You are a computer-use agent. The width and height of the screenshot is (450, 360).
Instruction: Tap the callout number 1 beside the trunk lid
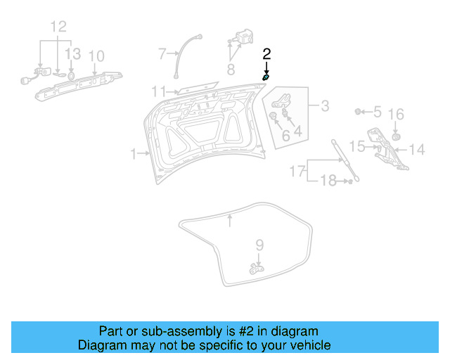click(x=134, y=153)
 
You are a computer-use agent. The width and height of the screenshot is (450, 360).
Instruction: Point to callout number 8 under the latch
click(x=231, y=69)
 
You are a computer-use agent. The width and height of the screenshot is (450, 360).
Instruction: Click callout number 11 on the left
click(x=159, y=91)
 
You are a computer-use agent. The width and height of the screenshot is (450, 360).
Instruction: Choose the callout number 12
click(x=58, y=27)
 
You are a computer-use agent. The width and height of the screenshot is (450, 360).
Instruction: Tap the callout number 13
click(x=73, y=54)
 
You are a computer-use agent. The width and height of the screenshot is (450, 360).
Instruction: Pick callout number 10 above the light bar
click(x=96, y=56)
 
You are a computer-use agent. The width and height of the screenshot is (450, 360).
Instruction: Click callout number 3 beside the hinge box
click(x=325, y=106)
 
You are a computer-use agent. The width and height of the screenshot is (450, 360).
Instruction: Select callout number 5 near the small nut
click(x=377, y=112)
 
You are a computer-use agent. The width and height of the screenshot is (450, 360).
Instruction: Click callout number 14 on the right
click(x=417, y=149)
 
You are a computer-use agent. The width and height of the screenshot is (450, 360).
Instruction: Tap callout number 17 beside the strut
click(x=297, y=171)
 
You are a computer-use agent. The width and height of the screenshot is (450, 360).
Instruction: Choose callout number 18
click(x=329, y=182)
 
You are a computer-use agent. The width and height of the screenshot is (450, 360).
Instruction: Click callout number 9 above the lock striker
click(x=259, y=245)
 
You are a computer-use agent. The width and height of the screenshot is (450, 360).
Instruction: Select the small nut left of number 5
click(x=359, y=111)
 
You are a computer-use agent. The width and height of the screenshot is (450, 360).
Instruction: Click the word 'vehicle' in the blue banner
click(x=309, y=345)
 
